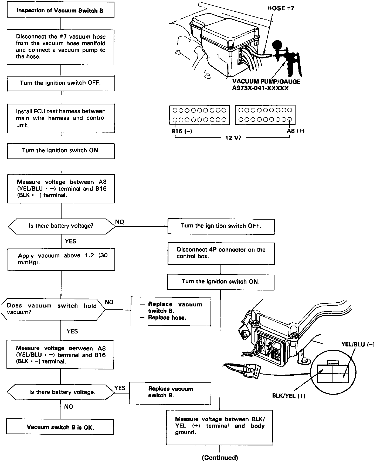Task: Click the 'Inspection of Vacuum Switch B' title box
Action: click(60, 11)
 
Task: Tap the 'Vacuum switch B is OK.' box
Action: click(60, 427)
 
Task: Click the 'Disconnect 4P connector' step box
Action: click(221, 253)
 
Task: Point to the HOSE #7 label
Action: click(280, 8)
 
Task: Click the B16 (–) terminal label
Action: click(182, 131)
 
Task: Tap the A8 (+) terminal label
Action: click(296, 131)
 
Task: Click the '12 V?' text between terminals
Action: click(233, 138)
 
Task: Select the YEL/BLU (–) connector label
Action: click(358, 344)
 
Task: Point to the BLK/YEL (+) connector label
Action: click(289, 396)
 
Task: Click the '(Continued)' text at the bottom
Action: click(220, 458)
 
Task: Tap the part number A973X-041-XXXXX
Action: click(260, 88)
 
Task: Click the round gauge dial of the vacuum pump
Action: click(278, 45)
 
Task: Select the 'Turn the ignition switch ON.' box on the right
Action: click(221, 282)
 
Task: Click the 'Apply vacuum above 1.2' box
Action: click(61, 259)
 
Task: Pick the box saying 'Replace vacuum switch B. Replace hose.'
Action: click(171, 311)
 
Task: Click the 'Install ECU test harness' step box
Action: click(61, 118)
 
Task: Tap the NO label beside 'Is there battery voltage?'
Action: click(120, 222)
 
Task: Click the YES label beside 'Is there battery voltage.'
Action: click(120, 388)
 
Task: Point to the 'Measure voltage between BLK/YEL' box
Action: click(219, 426)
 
